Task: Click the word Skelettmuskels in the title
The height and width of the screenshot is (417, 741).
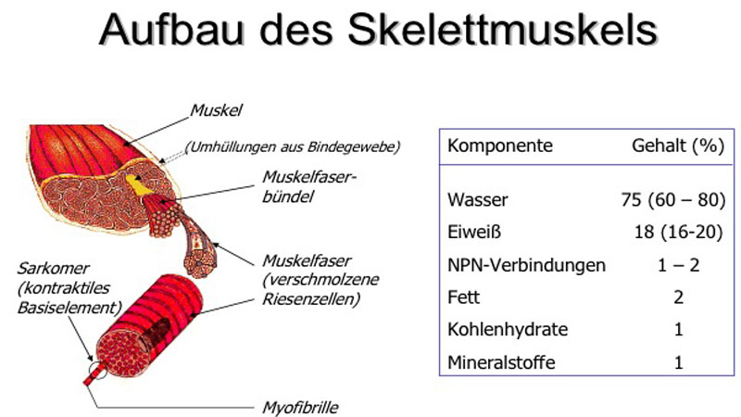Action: pos(503,30)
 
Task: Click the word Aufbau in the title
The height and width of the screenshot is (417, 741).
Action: pos(172,30)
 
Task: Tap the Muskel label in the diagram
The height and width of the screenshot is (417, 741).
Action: pos(216,110)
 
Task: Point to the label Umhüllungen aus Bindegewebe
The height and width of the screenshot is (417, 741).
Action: pos(293,146)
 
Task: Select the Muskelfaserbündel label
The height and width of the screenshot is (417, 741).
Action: pos(309,187)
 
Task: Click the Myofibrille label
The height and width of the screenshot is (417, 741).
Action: pos(300,408)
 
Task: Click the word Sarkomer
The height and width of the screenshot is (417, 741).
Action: pos(53,269)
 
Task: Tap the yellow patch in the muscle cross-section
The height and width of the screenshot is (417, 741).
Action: pos(138,184)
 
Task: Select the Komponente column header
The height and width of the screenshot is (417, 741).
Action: pos(500,145)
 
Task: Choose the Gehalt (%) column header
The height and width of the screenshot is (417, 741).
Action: pos(678,145)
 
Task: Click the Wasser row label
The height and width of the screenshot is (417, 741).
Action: pos(478,199)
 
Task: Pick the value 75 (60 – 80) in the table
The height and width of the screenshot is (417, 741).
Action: pos(673,199)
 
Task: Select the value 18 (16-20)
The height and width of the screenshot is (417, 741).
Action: pos(678,233)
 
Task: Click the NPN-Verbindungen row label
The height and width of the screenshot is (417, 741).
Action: pos(526,265)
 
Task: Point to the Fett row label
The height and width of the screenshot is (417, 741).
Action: pos(464,297)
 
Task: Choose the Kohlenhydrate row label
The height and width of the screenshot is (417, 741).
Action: pos(508,330)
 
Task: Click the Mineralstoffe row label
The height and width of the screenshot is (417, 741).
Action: pos(501,362)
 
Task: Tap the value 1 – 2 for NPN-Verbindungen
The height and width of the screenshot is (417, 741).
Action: pos(678,265)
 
